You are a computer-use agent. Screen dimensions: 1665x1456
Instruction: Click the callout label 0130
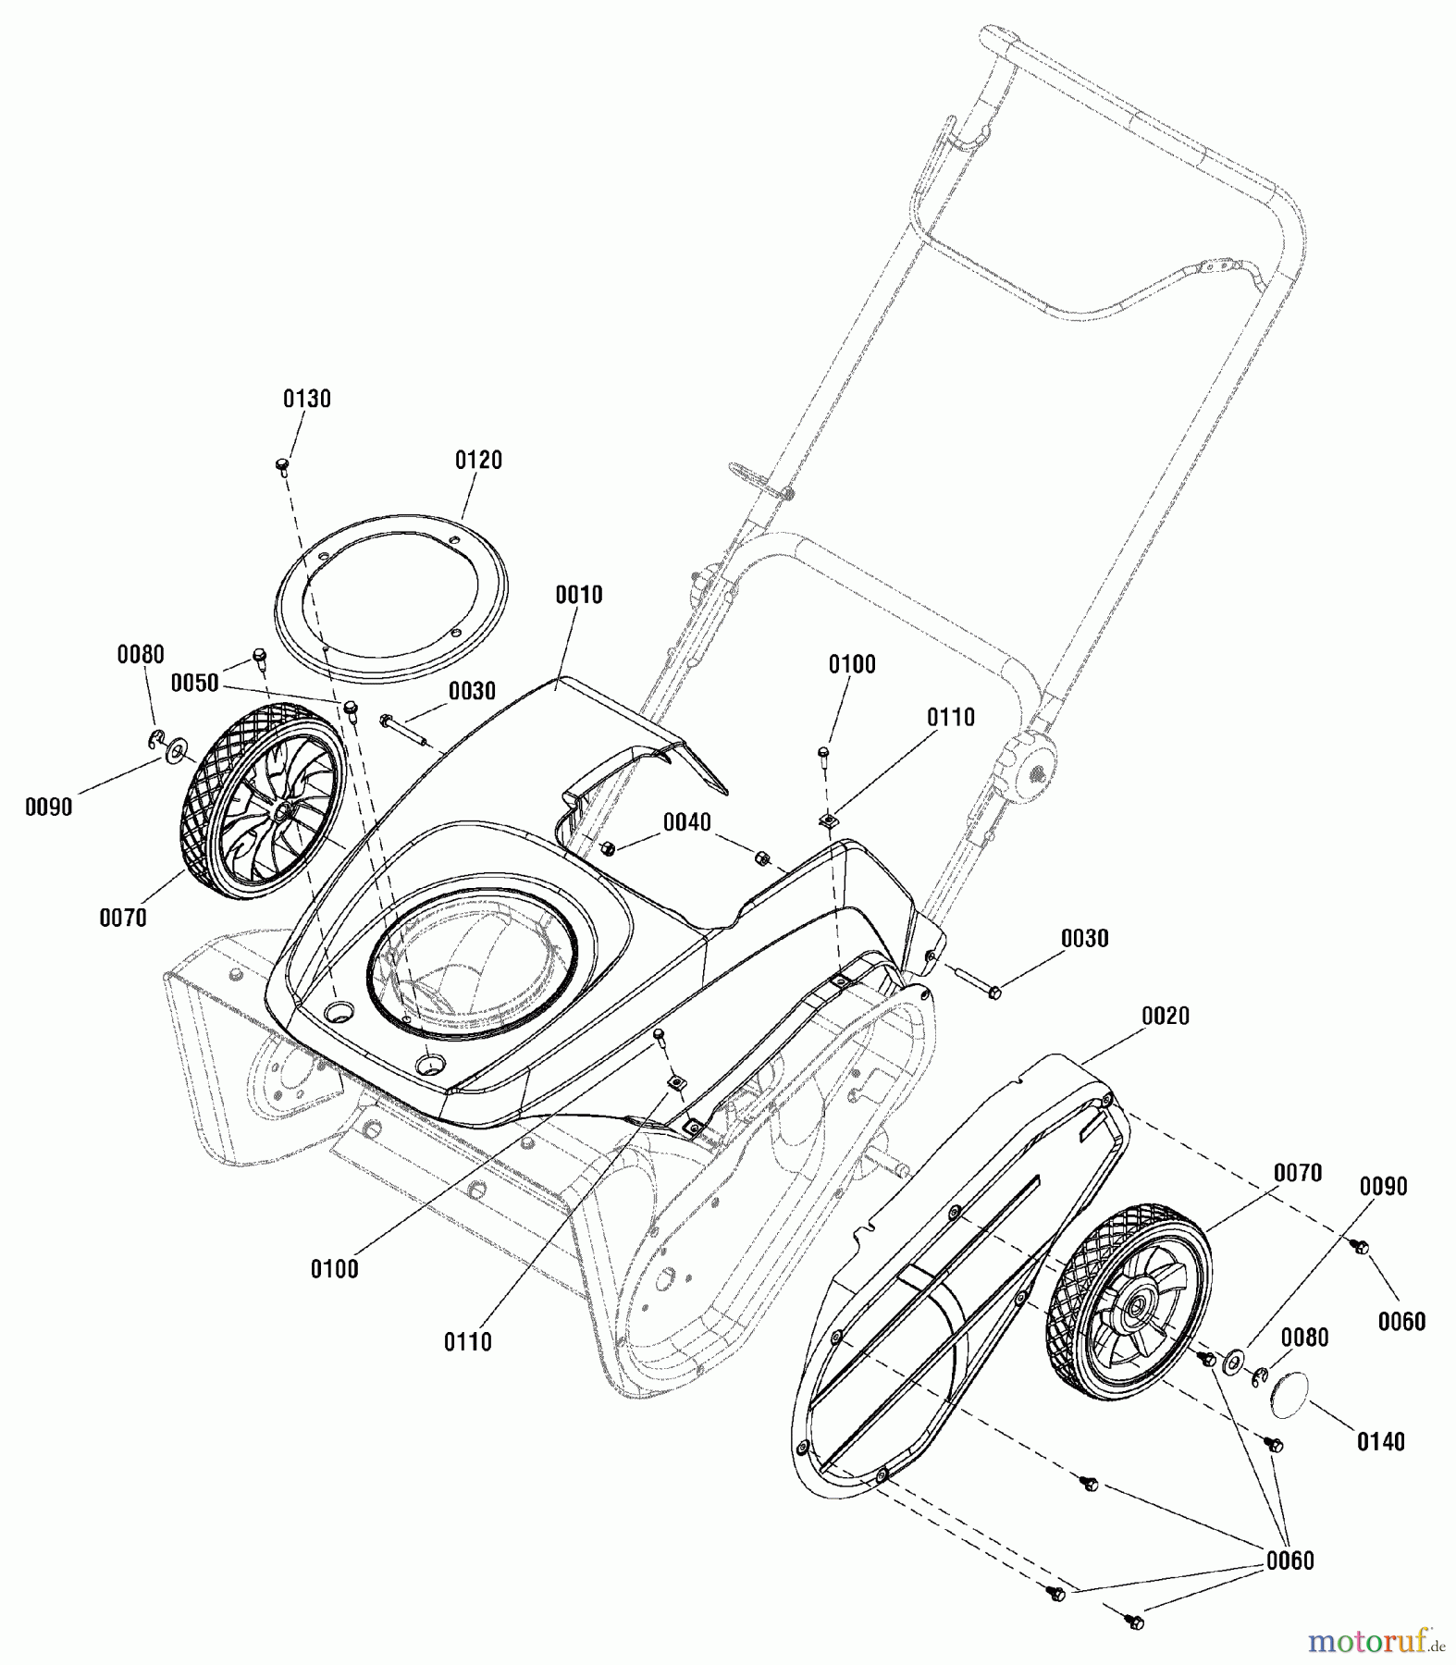tap(306, 399)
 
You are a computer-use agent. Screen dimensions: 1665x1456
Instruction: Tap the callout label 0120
tap(478, 460)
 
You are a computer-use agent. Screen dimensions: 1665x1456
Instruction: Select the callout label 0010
tap(578, 595)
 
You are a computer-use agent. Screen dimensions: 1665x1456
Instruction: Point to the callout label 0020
tap(1165, 1016)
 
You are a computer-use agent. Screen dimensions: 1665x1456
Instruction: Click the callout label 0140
tap(1380, 1441)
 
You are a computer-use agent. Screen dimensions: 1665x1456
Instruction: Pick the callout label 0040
tap(687, 822)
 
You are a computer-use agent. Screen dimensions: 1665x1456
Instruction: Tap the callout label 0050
tap(194, 683)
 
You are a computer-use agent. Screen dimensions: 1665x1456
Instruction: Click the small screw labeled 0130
tap(283, 463)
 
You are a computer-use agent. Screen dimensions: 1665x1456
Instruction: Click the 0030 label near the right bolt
tap(1084, 938)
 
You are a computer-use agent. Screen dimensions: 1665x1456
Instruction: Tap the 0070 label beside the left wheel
tap(123, 918)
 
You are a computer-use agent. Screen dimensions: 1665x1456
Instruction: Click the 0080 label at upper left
tap(141, 655)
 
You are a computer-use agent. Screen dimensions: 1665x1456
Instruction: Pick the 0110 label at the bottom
tap(467, 1341)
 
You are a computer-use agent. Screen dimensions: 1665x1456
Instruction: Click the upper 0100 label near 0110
tap(851, 664)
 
